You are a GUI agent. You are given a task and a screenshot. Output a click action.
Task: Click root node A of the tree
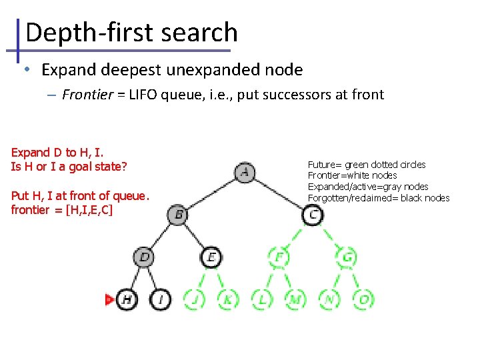[245, 172]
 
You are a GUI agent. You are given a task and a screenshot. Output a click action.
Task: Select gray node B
[178, 215]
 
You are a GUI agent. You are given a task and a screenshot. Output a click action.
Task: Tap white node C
[313, 215]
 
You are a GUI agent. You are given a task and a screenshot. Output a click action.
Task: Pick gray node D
[144, 257]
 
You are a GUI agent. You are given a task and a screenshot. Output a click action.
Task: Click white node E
[211, 257]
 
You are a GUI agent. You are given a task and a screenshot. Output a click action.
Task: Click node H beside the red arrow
[127, 300]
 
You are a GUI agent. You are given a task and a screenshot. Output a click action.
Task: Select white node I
[161, 300]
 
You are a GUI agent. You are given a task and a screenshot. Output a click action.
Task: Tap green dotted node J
[195, 300]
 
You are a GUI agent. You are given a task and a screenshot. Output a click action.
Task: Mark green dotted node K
[228, 300]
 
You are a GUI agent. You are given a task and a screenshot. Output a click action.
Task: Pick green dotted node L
[262, 300]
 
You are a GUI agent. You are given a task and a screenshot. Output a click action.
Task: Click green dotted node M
[295, 300]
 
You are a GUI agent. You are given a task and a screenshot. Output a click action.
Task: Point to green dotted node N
[329, 300]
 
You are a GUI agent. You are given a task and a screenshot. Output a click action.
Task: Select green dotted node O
[363, 300]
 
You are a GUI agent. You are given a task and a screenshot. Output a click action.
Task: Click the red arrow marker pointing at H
[110, 300]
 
